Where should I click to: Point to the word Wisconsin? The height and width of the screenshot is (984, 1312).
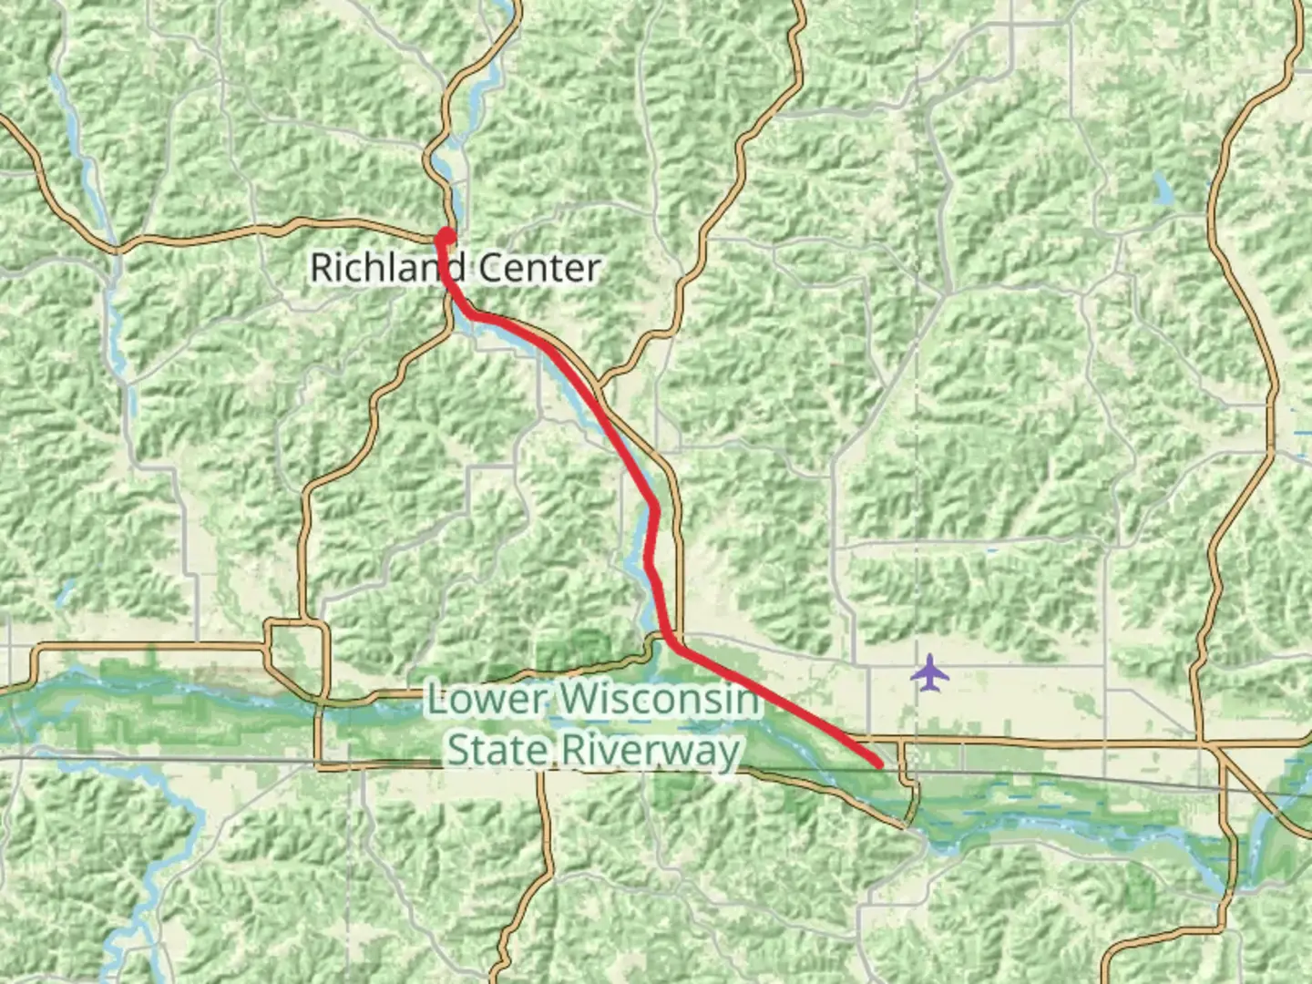[659, 700]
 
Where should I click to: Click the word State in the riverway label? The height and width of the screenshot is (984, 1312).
[497, 751]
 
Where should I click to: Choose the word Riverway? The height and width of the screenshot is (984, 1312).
[649, 751]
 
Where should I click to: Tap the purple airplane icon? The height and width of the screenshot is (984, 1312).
[929, 674]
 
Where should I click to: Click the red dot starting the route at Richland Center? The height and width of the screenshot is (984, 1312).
[446, 236]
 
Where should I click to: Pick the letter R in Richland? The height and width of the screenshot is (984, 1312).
[322, 268]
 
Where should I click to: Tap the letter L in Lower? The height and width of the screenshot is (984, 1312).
[438, 700]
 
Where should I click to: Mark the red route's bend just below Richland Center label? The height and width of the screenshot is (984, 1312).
[471, 313]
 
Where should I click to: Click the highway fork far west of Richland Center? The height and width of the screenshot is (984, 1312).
[117, 247]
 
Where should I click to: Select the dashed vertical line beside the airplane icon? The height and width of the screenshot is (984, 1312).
[917, 547]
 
